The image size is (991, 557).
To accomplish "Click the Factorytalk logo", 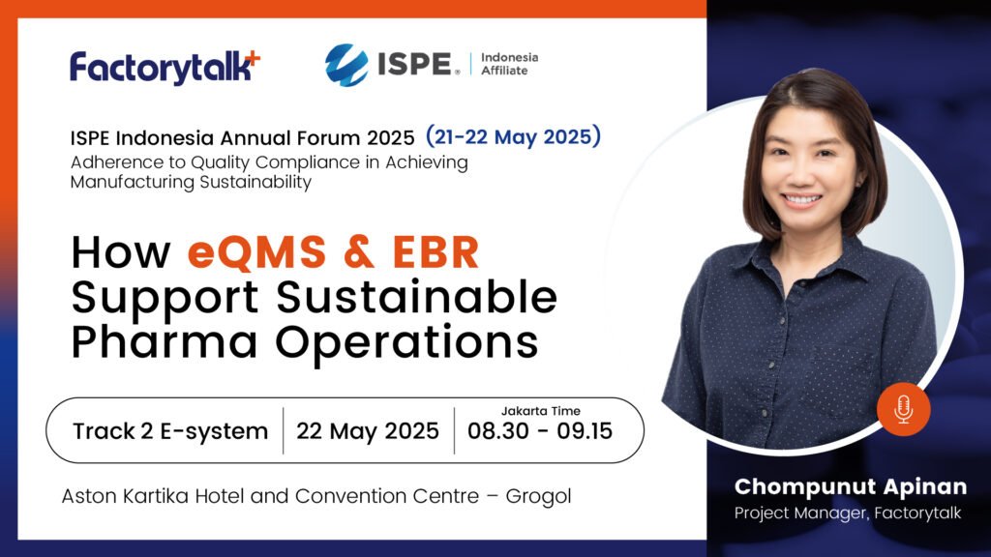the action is click(165, 67).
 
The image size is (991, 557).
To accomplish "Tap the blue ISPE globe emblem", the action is click(346, 65).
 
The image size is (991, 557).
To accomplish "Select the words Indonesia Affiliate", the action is click(509, 64).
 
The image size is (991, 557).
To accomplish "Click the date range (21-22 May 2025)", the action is click(513, 136).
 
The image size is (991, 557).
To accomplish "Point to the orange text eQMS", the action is click(256, 252).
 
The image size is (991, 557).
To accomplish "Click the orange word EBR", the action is click(436, 252).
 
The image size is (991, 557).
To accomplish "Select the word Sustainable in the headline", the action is click(417, 297).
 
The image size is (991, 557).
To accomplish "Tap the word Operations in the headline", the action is click(406, 342).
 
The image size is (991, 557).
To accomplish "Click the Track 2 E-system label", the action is click(170, 431).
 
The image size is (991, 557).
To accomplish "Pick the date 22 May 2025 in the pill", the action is click(367, 431).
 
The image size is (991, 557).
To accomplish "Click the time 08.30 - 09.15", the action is click(540, 431).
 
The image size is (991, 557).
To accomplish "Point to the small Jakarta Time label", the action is click(540, 411).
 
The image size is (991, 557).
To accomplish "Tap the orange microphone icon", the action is click(903, 409).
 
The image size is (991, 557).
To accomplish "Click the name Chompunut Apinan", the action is click(851, 487).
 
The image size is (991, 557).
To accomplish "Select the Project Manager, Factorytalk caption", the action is click(848, 513).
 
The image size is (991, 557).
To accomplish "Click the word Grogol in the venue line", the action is click(538, 497).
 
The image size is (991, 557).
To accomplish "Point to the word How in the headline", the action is click(121, 252).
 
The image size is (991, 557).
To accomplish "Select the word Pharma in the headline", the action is click(165, 342).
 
